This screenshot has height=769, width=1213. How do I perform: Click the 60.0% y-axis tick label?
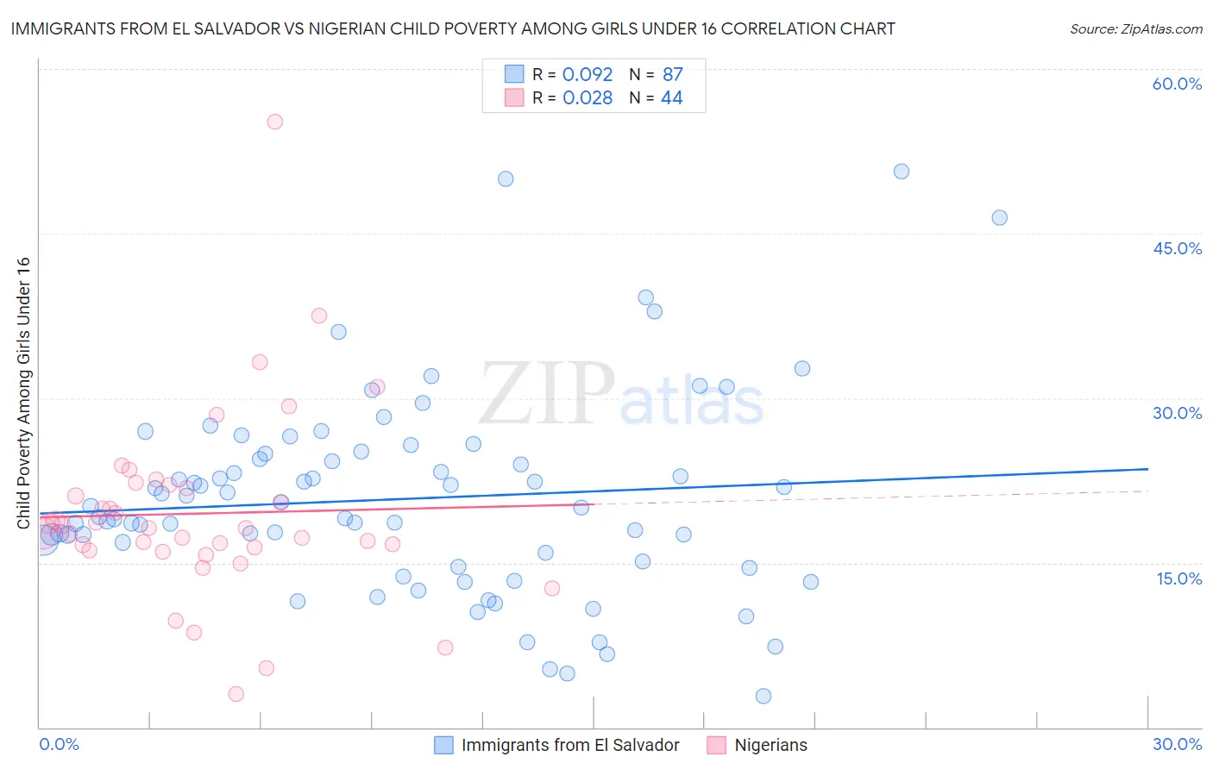point(1177,84)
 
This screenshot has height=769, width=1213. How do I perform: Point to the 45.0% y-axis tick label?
point(1177,248)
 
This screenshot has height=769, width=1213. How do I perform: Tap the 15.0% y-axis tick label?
point(1178,578)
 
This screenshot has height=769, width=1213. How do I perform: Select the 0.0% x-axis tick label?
point(59,744)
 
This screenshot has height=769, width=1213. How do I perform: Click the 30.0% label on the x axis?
point(1177,744)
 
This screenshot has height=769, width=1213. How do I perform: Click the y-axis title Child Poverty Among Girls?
point(23,393)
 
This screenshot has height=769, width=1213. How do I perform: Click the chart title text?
point(453,28)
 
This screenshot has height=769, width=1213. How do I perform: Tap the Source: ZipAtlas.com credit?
point(1135,28)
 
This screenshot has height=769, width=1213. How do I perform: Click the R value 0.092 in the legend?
point(588,74)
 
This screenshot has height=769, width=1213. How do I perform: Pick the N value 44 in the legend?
point(672,97)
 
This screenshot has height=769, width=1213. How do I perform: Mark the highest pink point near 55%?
point(274,122)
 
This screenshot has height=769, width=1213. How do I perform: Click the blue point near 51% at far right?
point(901,172)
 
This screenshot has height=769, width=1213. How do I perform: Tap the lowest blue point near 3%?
point(763,696)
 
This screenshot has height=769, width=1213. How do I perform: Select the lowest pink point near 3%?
point(236,694)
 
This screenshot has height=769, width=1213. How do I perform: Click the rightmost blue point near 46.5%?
point(999,217)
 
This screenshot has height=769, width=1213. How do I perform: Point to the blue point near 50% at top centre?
point(506,179)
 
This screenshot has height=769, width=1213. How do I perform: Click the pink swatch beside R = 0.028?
point(514,97)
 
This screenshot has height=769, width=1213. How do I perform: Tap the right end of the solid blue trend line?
point(1147,469)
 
